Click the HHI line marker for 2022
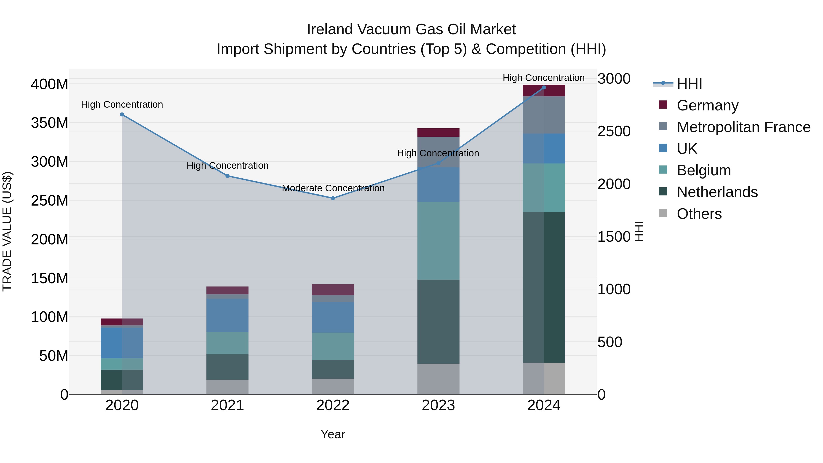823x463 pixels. (333, 198)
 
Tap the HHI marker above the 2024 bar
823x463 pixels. (544, 88)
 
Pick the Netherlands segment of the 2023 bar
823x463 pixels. (438, 321)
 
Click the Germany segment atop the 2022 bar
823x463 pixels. (333, 289)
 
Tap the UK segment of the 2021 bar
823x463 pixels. (227, 315)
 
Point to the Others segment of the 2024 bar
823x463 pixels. (544, 378)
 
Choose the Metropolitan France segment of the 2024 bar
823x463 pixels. (544, 115)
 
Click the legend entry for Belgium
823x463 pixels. (703, 170)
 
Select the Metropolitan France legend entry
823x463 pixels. (743, 127)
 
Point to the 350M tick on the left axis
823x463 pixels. (50, 123)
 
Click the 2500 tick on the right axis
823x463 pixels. (614, 131)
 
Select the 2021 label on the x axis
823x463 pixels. (227, 405)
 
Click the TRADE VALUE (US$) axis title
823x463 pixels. (7, 231)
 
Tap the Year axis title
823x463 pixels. (333, 434)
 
